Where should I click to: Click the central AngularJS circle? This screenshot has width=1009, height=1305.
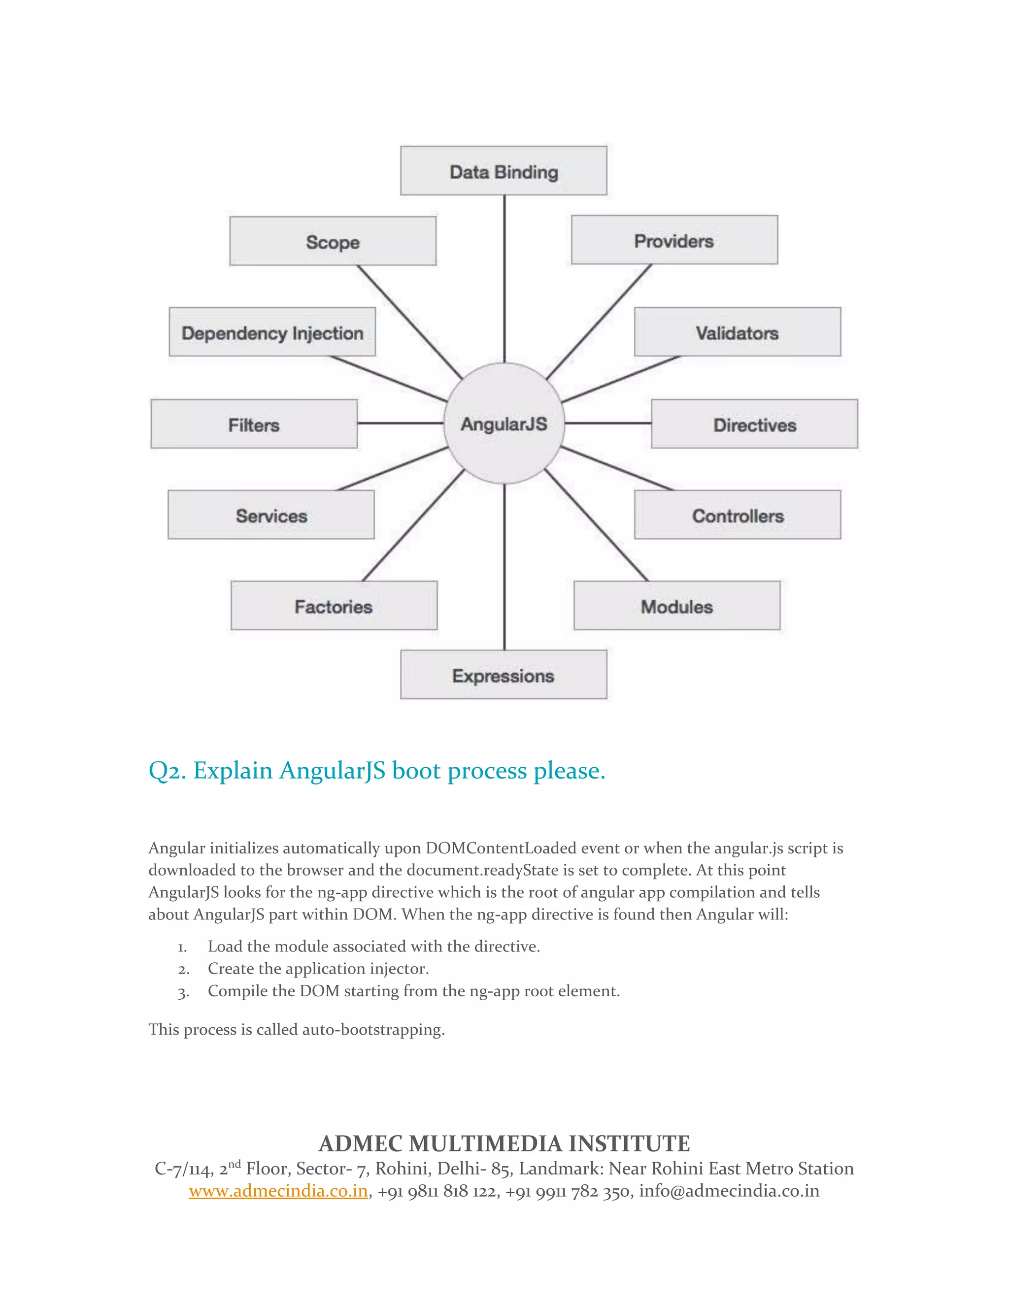[x=504, y=423]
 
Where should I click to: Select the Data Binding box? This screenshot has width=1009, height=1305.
[x=504, y=171]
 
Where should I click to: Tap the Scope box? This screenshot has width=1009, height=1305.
[x=333, y=241]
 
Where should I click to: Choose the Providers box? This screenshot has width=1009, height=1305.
[x=674, y=240]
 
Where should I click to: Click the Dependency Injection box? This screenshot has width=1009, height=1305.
[x=272, y=332]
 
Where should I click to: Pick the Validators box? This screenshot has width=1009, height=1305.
[x=737, y=332]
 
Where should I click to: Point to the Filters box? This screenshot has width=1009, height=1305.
[x=254, y=424]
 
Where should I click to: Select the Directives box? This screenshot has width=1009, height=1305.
[x=754, y=424]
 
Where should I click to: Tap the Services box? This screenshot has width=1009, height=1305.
[x=271, y=515]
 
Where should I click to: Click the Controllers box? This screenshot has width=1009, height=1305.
[x=737, y=515]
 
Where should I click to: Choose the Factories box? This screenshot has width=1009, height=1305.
[x=334, y=606]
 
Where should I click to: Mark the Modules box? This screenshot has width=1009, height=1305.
[x=676, y=606]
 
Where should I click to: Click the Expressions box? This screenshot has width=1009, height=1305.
[x=504, y=675]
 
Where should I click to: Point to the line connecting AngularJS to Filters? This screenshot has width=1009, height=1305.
[x=401, y=423]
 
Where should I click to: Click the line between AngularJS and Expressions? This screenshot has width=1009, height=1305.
[x=504, y=568]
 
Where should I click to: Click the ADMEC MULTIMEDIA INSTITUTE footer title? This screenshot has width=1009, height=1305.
[x=504, y=1143]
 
